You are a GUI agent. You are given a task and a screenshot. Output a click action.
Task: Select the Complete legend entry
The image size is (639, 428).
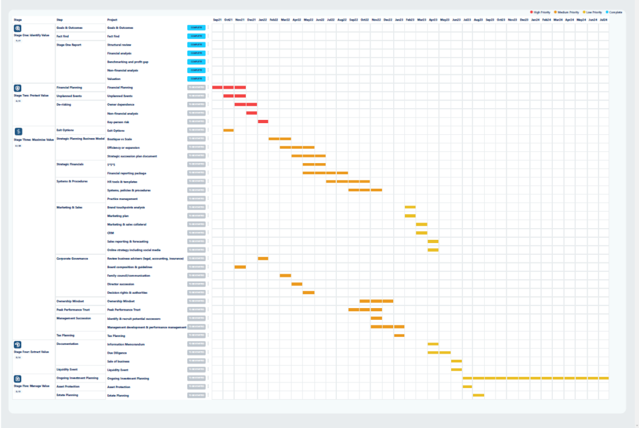point(615,12)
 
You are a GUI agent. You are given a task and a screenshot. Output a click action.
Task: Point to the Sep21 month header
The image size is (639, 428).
point(217,20)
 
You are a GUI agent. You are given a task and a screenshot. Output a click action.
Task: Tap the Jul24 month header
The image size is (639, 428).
point(603,20)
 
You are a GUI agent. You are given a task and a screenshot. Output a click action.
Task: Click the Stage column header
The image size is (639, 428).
point(17,20)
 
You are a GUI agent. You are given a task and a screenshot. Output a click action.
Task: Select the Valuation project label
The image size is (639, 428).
point(114,79)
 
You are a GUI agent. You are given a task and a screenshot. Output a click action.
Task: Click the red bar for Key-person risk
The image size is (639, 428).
point(263,121)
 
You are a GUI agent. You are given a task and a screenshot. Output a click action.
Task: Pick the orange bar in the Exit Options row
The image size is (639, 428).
point(228,130)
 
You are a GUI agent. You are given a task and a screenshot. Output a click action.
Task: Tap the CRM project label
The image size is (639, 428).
point(110,232)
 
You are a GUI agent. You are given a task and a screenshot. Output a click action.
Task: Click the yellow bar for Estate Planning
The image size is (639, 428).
point(479,395)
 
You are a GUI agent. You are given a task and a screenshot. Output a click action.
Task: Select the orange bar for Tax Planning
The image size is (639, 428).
point(399,336)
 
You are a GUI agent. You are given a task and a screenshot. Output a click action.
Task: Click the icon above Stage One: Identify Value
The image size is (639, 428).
point(17,29)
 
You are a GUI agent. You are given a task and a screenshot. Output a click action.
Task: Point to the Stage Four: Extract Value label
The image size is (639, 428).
point(26,352)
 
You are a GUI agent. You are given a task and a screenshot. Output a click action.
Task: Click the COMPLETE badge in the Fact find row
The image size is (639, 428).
point(196,36)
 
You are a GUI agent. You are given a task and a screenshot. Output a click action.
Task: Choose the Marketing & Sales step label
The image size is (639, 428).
point(69,207)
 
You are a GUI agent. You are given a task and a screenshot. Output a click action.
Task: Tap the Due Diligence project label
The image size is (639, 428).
point(117,352)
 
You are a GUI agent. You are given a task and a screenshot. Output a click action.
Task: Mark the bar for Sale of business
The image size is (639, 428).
point(456,361)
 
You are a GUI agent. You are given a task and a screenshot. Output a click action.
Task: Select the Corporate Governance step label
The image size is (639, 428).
point(72,258)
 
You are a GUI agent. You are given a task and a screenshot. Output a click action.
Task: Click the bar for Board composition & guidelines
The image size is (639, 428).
point(240,267)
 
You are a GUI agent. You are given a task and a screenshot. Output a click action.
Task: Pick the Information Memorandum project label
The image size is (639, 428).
point(126,344)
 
